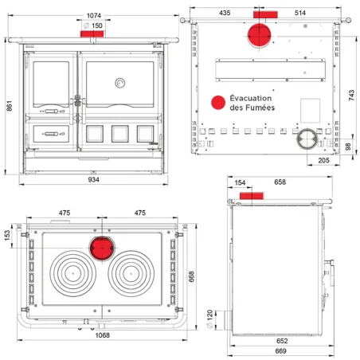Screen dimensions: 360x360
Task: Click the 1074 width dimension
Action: click(x=94, y=16)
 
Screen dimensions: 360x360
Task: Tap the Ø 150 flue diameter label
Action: click(x=93, y=25)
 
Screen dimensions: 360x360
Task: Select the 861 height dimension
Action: click(x=9, y=106)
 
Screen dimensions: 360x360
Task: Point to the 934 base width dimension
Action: click(x=93, y=180)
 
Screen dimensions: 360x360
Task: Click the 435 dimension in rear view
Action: click(x=225, y=13)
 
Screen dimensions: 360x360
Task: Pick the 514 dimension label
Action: click(x=300, y=13)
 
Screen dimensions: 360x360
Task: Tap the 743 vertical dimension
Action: click(x=351, y=95)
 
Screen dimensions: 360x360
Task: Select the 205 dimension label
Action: click(x=323, y=160)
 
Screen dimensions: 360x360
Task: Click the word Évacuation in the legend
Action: click(x=251, y=98)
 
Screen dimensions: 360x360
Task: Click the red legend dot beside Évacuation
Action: click(x=218, y=103)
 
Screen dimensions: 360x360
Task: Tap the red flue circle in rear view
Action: click(x=259, y=36)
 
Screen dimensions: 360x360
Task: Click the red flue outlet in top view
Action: click(x=102, y=248)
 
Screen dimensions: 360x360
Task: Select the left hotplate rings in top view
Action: click(x=73, y=273)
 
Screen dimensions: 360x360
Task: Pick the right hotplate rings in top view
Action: click(x=131, y=273)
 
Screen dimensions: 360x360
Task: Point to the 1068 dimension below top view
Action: click(x=103, y=335)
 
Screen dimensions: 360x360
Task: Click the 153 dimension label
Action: click(x=7, y=236)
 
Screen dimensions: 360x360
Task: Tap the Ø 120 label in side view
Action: click(x=209, y=319)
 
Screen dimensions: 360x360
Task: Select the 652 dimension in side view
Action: click(x=282, y=341)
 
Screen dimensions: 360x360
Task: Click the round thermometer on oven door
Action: click(x=120, y=83)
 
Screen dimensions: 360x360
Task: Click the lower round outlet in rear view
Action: click(x=307, y=139)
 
